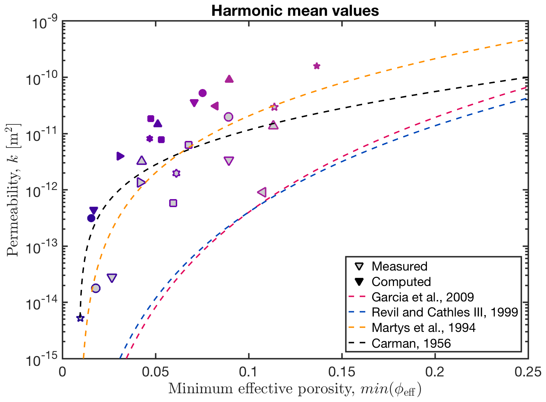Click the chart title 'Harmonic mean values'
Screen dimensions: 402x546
[x=295, y=11]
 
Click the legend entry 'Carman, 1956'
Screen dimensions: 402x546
[x=411, y=343]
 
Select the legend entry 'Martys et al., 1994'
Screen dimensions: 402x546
[x=423, y=328]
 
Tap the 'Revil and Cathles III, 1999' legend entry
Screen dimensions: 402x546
[x=445, y=312]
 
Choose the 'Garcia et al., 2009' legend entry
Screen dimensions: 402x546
[x=422, y=297]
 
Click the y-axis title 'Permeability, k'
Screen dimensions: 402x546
[x=14, y=190]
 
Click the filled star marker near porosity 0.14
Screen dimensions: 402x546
[x=317, y=66]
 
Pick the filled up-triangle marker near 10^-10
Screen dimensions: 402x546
[x=229, y=79]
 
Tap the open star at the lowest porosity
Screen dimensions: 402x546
[x=80, y=318]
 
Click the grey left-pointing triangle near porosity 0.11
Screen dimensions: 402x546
[x=262, y=192]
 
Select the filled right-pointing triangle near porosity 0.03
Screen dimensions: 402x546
[x=120, y=156]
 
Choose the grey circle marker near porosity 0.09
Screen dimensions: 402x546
[x=228, y=117]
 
